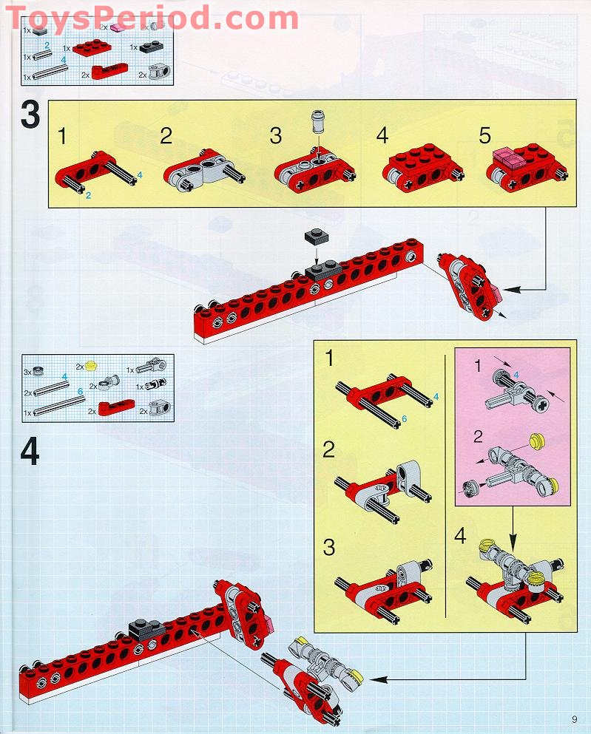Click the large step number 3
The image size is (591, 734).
point(30,116)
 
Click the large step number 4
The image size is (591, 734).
point(30,452)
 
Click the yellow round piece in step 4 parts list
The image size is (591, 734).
point(92,364)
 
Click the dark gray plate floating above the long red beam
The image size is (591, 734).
point(316,237)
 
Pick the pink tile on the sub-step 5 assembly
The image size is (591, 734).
point(507,157)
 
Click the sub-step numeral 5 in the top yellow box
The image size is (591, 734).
point(485,136)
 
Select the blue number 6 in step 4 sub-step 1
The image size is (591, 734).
point(405,418)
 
